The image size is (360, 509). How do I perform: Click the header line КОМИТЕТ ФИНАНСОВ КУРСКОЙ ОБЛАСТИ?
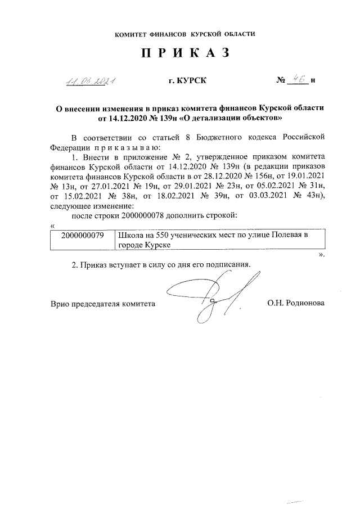tap(184, 34)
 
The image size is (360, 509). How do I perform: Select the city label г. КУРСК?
tap(187, 81)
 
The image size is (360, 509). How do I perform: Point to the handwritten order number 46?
tap(298, 80)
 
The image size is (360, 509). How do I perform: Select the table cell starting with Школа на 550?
tap(219, 241)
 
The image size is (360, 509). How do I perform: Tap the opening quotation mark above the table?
tap(52, 226)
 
